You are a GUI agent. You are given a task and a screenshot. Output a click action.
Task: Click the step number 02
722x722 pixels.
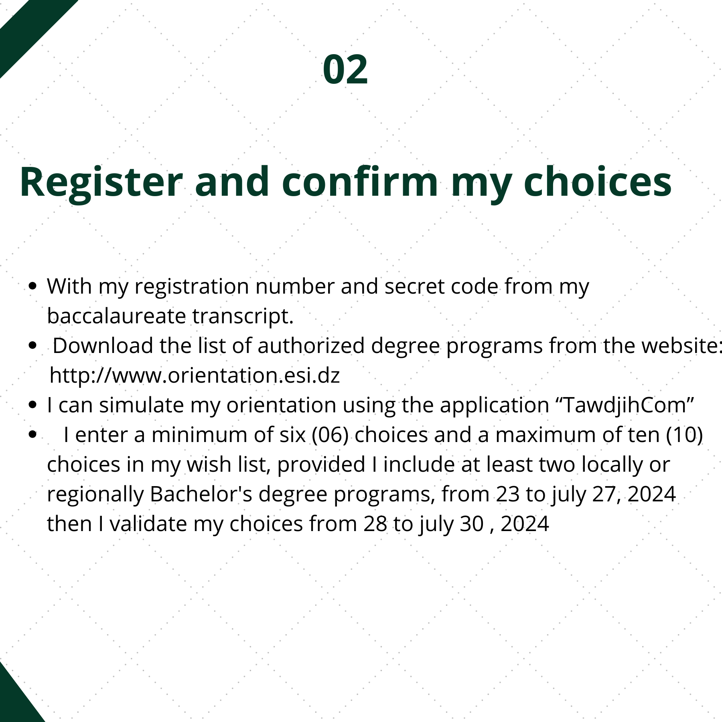click(345, 69)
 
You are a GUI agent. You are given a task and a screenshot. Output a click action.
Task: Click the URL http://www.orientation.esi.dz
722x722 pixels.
click(195, 375)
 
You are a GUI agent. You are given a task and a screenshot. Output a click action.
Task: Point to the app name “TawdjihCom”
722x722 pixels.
click(626, 405)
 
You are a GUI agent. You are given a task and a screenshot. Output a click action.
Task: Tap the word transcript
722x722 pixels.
click(243, 316)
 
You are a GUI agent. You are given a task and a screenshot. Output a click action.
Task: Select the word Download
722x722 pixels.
click(103, 345)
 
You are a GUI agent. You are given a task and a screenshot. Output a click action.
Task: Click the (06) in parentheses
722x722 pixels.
click(330, 435)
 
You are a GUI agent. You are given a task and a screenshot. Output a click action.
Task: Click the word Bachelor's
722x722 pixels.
click(201, 494)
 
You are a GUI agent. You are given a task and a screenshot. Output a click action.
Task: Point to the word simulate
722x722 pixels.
click(142, 405)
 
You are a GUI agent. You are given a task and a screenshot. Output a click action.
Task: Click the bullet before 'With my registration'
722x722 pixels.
click(33, 286)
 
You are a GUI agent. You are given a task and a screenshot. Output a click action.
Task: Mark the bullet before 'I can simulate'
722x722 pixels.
click(33, 405)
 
